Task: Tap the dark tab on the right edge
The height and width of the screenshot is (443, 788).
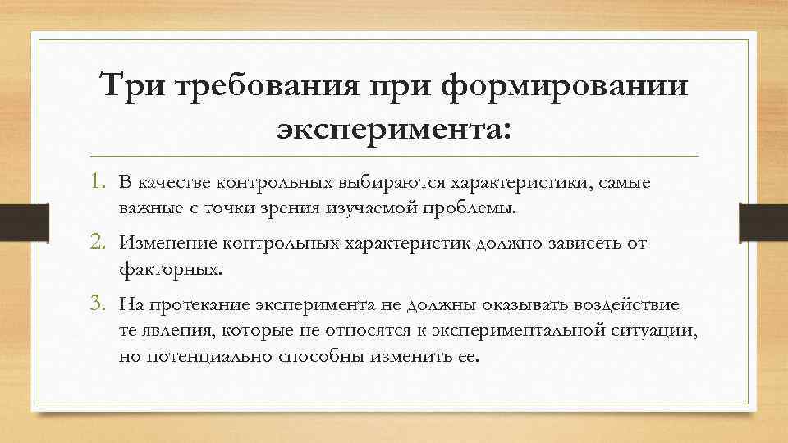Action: click(763, 221)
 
